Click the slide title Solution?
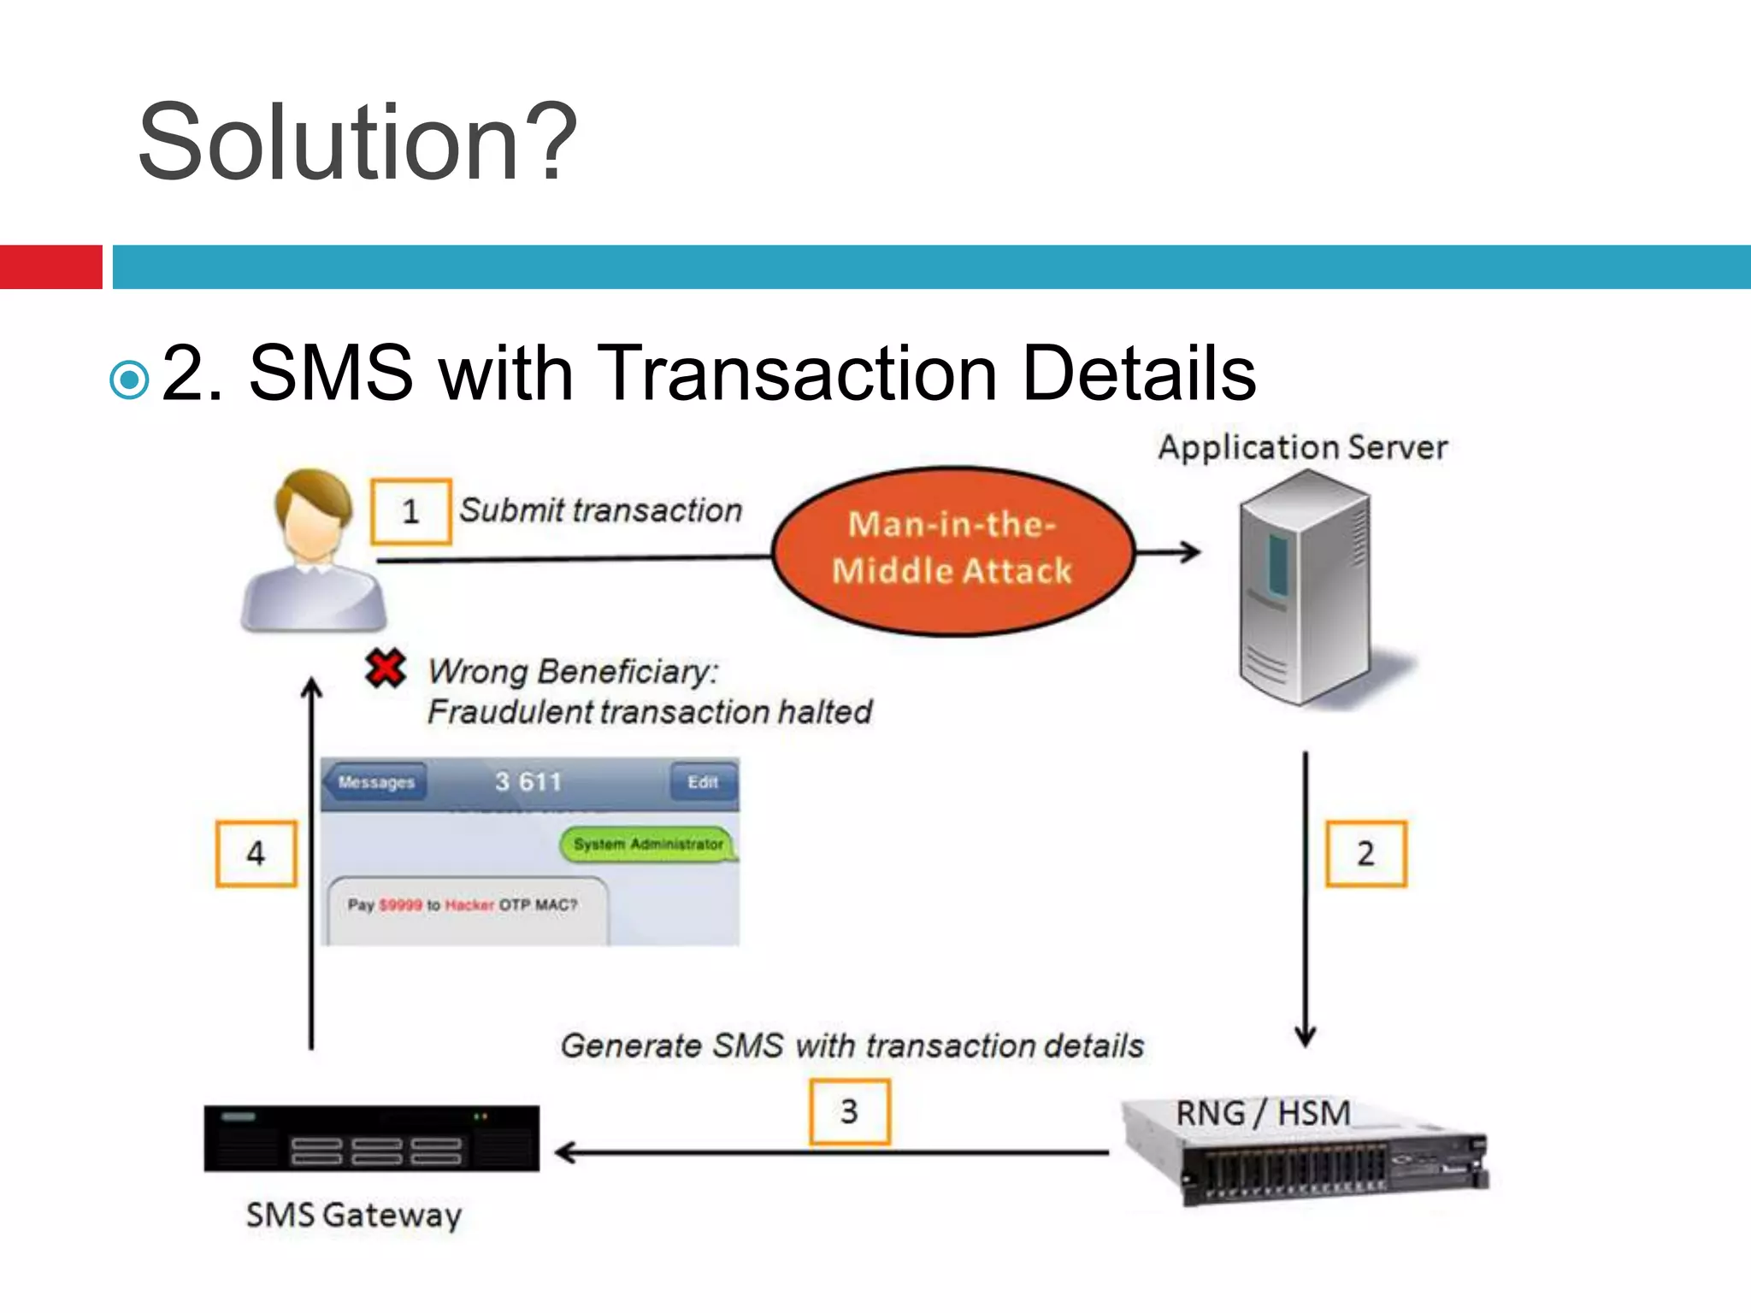tap(357, 143)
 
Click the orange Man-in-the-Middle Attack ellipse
tap(952, 550)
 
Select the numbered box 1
tap(411, 511)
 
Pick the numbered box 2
tap(1365, 853)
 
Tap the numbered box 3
tap(849, 1111)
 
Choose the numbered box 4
tap(256, 853)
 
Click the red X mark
tap(386, 668)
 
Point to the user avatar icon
tap(314, 551)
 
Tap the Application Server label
tap(1302, 447)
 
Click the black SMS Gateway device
tap(372, 1139)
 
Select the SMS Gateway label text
tap(354, 1215)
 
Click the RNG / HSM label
tap(1263, 1113)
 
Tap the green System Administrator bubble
tap(647, 845)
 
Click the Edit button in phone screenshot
tap(703, 782)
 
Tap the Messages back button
tap(375, 782)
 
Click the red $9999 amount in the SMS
tap(400, 905)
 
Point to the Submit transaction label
tap(600, 510)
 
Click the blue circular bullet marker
tap(130, 380)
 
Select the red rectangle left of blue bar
tap(50, 267)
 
